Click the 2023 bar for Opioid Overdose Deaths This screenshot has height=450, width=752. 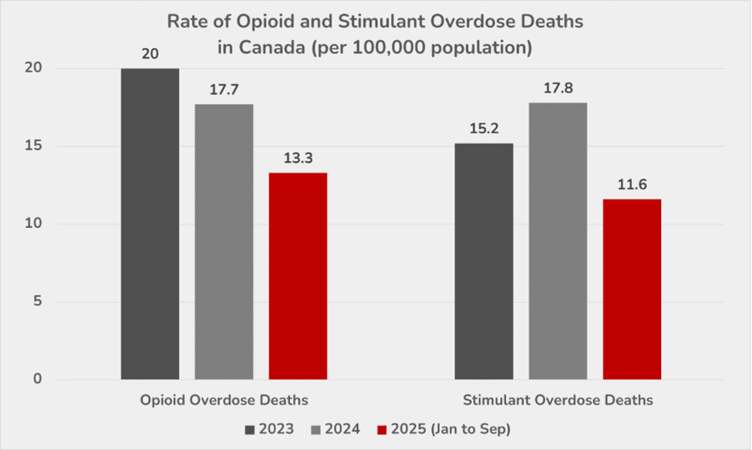point(150,223)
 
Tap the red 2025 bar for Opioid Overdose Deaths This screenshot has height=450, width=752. point(298,276)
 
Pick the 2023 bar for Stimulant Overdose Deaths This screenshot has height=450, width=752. point(484,261)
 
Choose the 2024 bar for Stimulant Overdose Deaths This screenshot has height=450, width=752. point(558,240)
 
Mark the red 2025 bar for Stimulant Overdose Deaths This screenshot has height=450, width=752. point(632,289)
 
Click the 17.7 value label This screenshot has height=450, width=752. point(224,90)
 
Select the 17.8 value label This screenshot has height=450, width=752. point(558,89)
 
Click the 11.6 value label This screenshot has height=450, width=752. point(632,185)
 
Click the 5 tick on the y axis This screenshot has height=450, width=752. point(36,302)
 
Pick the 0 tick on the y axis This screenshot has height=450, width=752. point(36,380)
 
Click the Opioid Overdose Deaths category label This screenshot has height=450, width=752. point(224,401)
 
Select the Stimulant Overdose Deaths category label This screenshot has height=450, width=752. point(558,401)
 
